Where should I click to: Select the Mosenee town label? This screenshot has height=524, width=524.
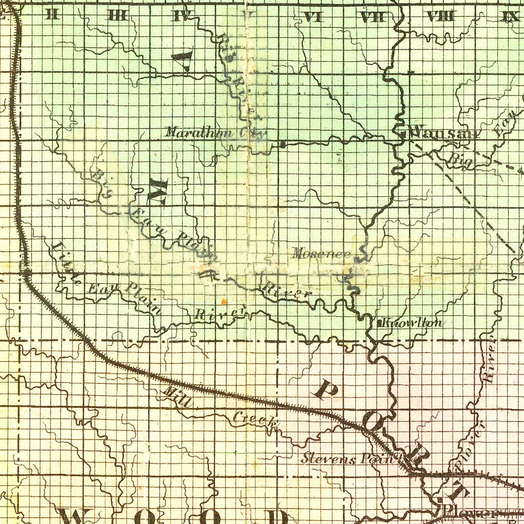pos(322,254)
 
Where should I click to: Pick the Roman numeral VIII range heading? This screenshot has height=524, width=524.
pos(441,16)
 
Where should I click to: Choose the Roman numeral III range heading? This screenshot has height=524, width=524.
pos(118,16)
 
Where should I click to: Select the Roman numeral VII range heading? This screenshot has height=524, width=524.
pos(373,16)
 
